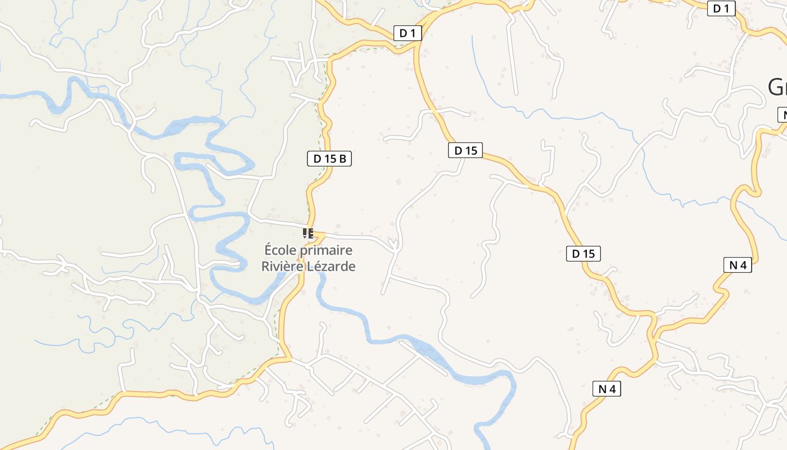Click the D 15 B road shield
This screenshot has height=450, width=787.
click(x=329, y=159)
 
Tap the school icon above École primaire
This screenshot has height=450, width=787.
click(x=307, y=233)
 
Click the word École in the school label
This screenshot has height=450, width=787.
click(x=281, y=250)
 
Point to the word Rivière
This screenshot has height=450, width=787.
click(x=282, y=266)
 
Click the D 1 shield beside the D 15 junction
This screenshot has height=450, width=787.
click(x=407, y=33)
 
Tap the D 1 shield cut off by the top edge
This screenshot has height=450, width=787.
click(x=721, y=8)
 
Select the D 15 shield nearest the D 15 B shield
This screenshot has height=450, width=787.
click(x=465, y=150)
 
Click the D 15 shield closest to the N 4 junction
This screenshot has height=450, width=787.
click(x=583, y=254)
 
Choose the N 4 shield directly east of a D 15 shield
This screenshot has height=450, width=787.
click(x=738, y=264)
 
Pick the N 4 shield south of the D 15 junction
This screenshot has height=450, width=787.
click(x=607, y=388)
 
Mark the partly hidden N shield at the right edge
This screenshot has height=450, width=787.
click(x=782, y=115)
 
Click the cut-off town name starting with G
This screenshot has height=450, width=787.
click(x=777, y=87)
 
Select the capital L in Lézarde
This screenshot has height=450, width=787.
click(x=310, y=266)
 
